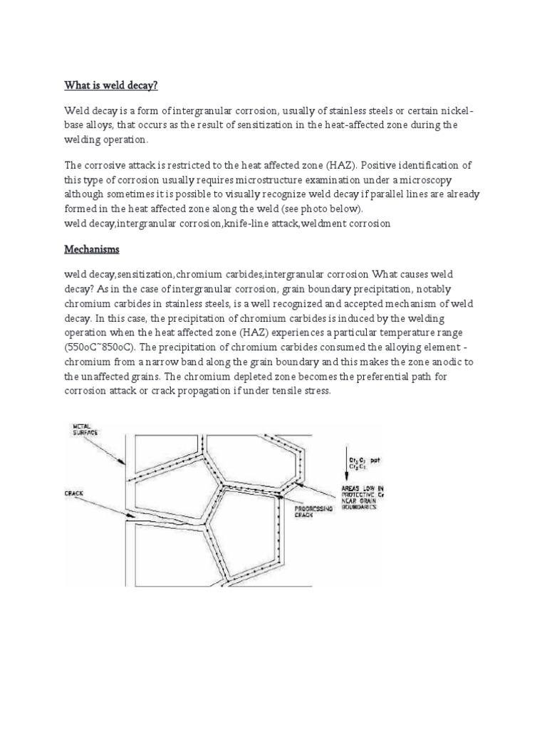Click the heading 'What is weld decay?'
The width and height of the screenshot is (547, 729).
tap(110, 85)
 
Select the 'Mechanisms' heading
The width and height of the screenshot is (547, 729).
tap(93, 251)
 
